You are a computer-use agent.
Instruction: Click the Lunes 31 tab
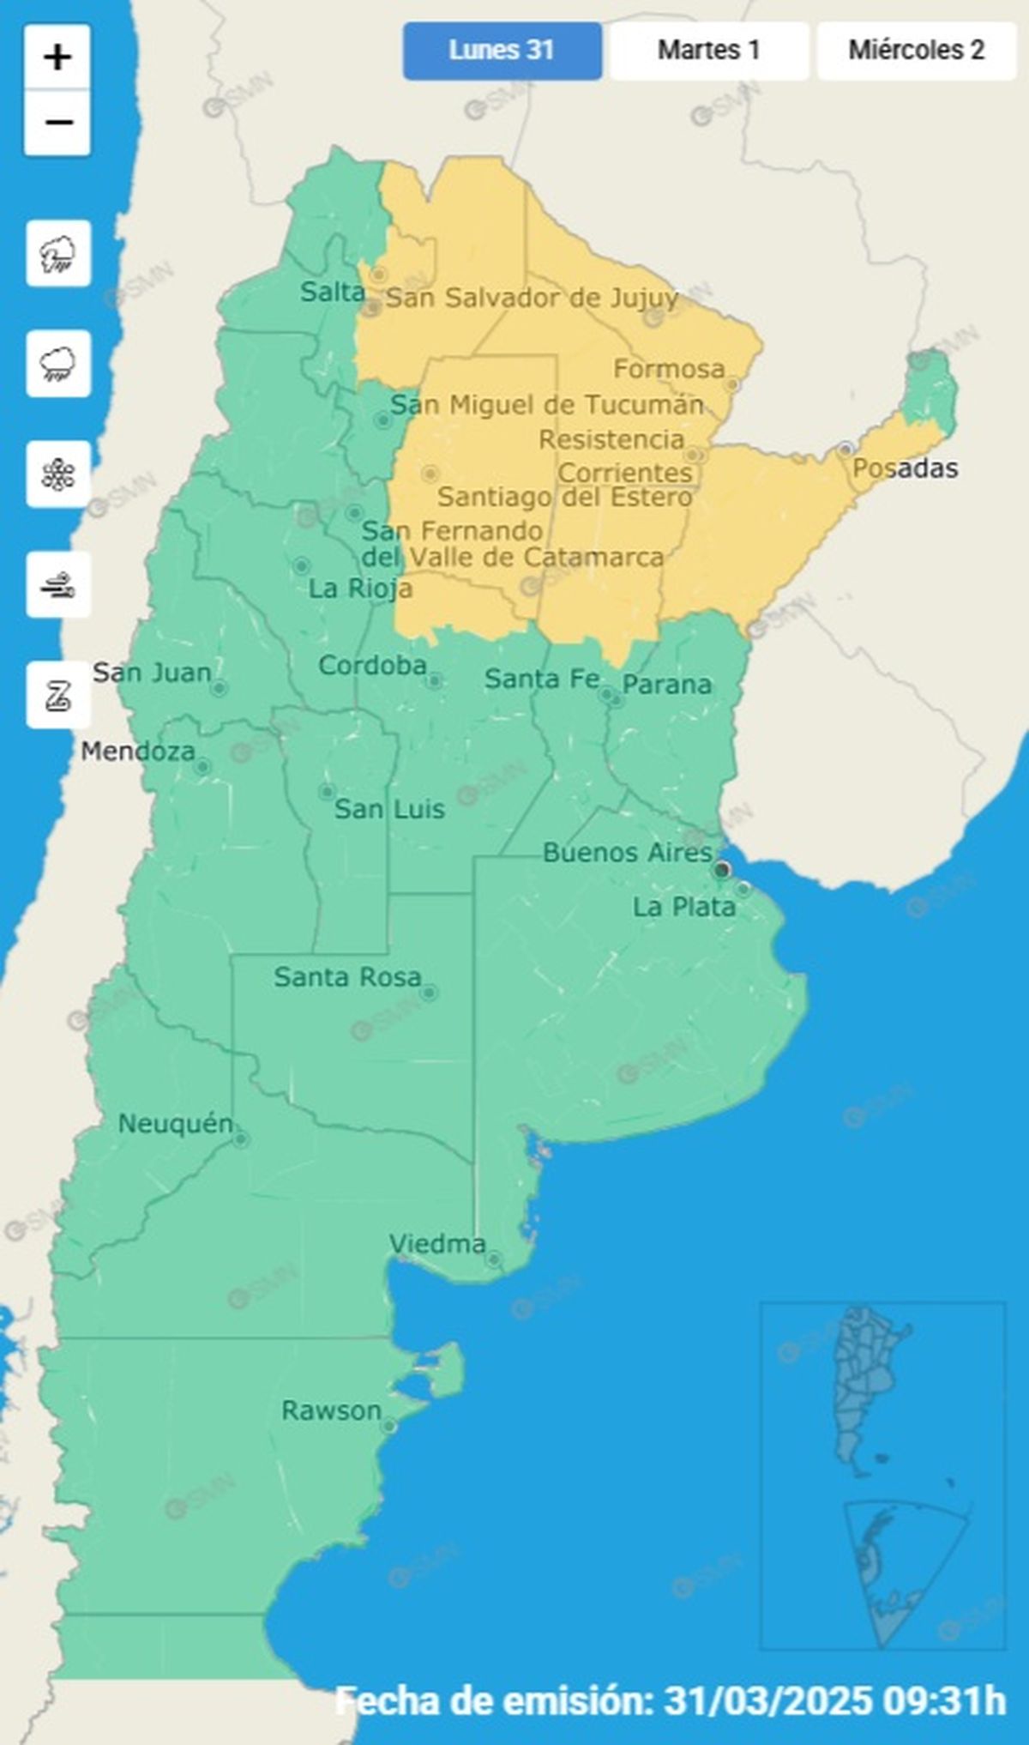pyautogui.click(x=502, y=51)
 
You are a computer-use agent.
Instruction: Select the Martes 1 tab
pyautogui.click(x=709, y=51)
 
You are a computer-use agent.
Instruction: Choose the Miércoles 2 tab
pyautogui.click(x=916, y=51)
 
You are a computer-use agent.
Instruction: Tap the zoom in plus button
pyautogui.click(x=57, y=58)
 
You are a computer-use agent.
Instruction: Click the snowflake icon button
pyautogui.click(x=58, y=474)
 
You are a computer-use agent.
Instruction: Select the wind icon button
pyautogui.click(x=58, y=585)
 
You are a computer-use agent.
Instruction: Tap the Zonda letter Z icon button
pyautogui.click(x=58, y=695)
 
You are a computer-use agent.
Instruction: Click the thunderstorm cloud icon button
pyautogui.click(x=58, y=254)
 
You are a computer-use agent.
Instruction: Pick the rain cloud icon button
pyautogui.click(x=58, y=364)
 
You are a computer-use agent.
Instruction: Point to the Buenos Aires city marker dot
pyautogui.click(x=722, y=870)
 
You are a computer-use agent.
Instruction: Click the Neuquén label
pyautogui.click(x=175, y=1123)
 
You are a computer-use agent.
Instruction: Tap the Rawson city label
pyautogui.click(x=331, y=1410)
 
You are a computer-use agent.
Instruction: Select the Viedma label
pyautogui.click(x=437, y=1243)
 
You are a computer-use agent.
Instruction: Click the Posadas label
pyautogui.click(x=905, y=468)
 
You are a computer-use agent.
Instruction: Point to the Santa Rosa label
pyautogui.click(x=347, y=977)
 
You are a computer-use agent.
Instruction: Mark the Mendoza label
pyautogui.click(x=138, y=752)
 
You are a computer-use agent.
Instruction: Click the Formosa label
pyautogui.click(x=669, y=370)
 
